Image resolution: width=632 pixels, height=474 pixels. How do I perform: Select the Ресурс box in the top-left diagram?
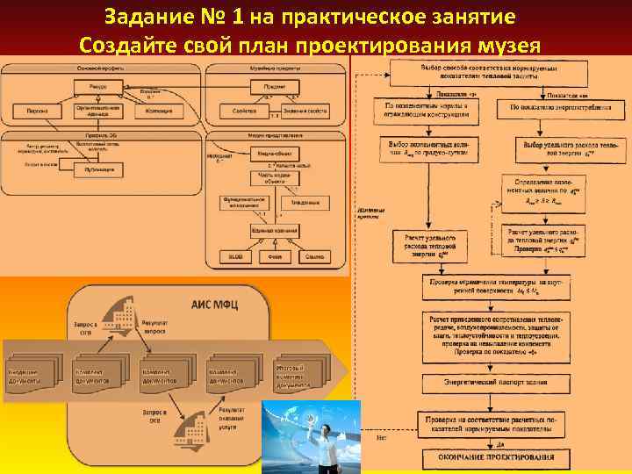[97, 86]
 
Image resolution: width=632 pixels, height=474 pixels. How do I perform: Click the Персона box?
[37, 112]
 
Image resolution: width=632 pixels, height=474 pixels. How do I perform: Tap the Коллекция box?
[160, 112]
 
